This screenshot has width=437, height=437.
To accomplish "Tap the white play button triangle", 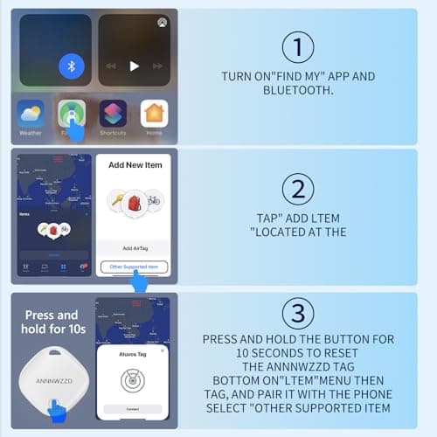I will click(x=134, y=66).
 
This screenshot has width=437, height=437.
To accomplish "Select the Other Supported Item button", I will click(x=134, y=266).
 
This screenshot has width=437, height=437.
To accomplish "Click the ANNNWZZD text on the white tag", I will click(x=53, y=381).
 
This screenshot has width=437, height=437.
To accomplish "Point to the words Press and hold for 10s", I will click(x=53, y=322).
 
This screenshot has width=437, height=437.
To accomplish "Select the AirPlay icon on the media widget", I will click(x=162, y=23).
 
